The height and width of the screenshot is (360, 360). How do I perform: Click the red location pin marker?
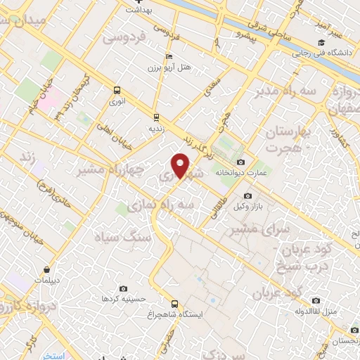click(181, 166)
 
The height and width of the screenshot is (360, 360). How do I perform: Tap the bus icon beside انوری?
click(117, 90)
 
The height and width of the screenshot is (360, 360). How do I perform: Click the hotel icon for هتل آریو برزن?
click(167, 56)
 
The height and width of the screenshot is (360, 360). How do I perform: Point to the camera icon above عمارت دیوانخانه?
click(241, 162)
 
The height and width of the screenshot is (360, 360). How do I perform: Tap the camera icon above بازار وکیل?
click(247, 196)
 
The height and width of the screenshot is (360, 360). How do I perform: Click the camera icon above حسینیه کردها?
click(124, 288)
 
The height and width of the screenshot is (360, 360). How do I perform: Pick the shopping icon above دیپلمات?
click(46, 269)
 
